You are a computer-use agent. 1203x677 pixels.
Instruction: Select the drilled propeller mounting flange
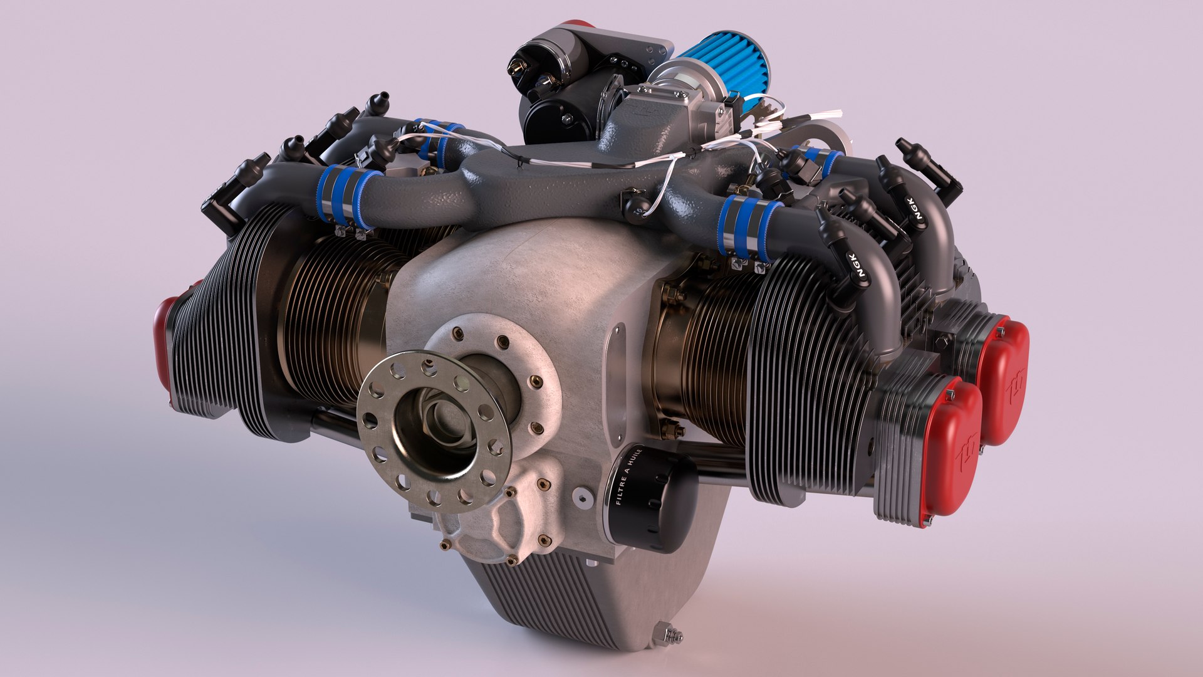coord(434,431)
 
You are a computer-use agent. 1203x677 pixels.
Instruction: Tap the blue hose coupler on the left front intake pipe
coord(348,194)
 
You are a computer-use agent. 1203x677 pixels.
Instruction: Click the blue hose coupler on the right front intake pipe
coord(749,226)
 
